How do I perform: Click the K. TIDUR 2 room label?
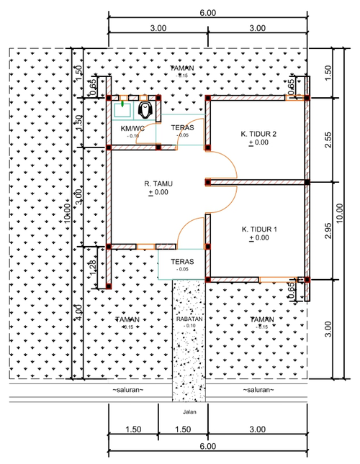pyautogui.click(x=258, y=133)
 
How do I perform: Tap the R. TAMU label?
pyautogui.click(x=158, y=183)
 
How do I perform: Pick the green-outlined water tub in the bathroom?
pyautogui.click(x=122, y=109)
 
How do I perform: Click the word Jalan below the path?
pyautogui.click(x=189, y=413)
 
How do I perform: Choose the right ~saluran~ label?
pyautogui.click(x=258, y=389)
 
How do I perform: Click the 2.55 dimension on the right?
pyautogui.click(x=328, y=141)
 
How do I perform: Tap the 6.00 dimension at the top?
pyautogui.click(x=207, y=13)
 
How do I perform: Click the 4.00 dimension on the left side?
pyautogui.click(x=79, y=314)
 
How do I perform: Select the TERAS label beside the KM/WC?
pyautogui.click(x=181, y=127)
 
